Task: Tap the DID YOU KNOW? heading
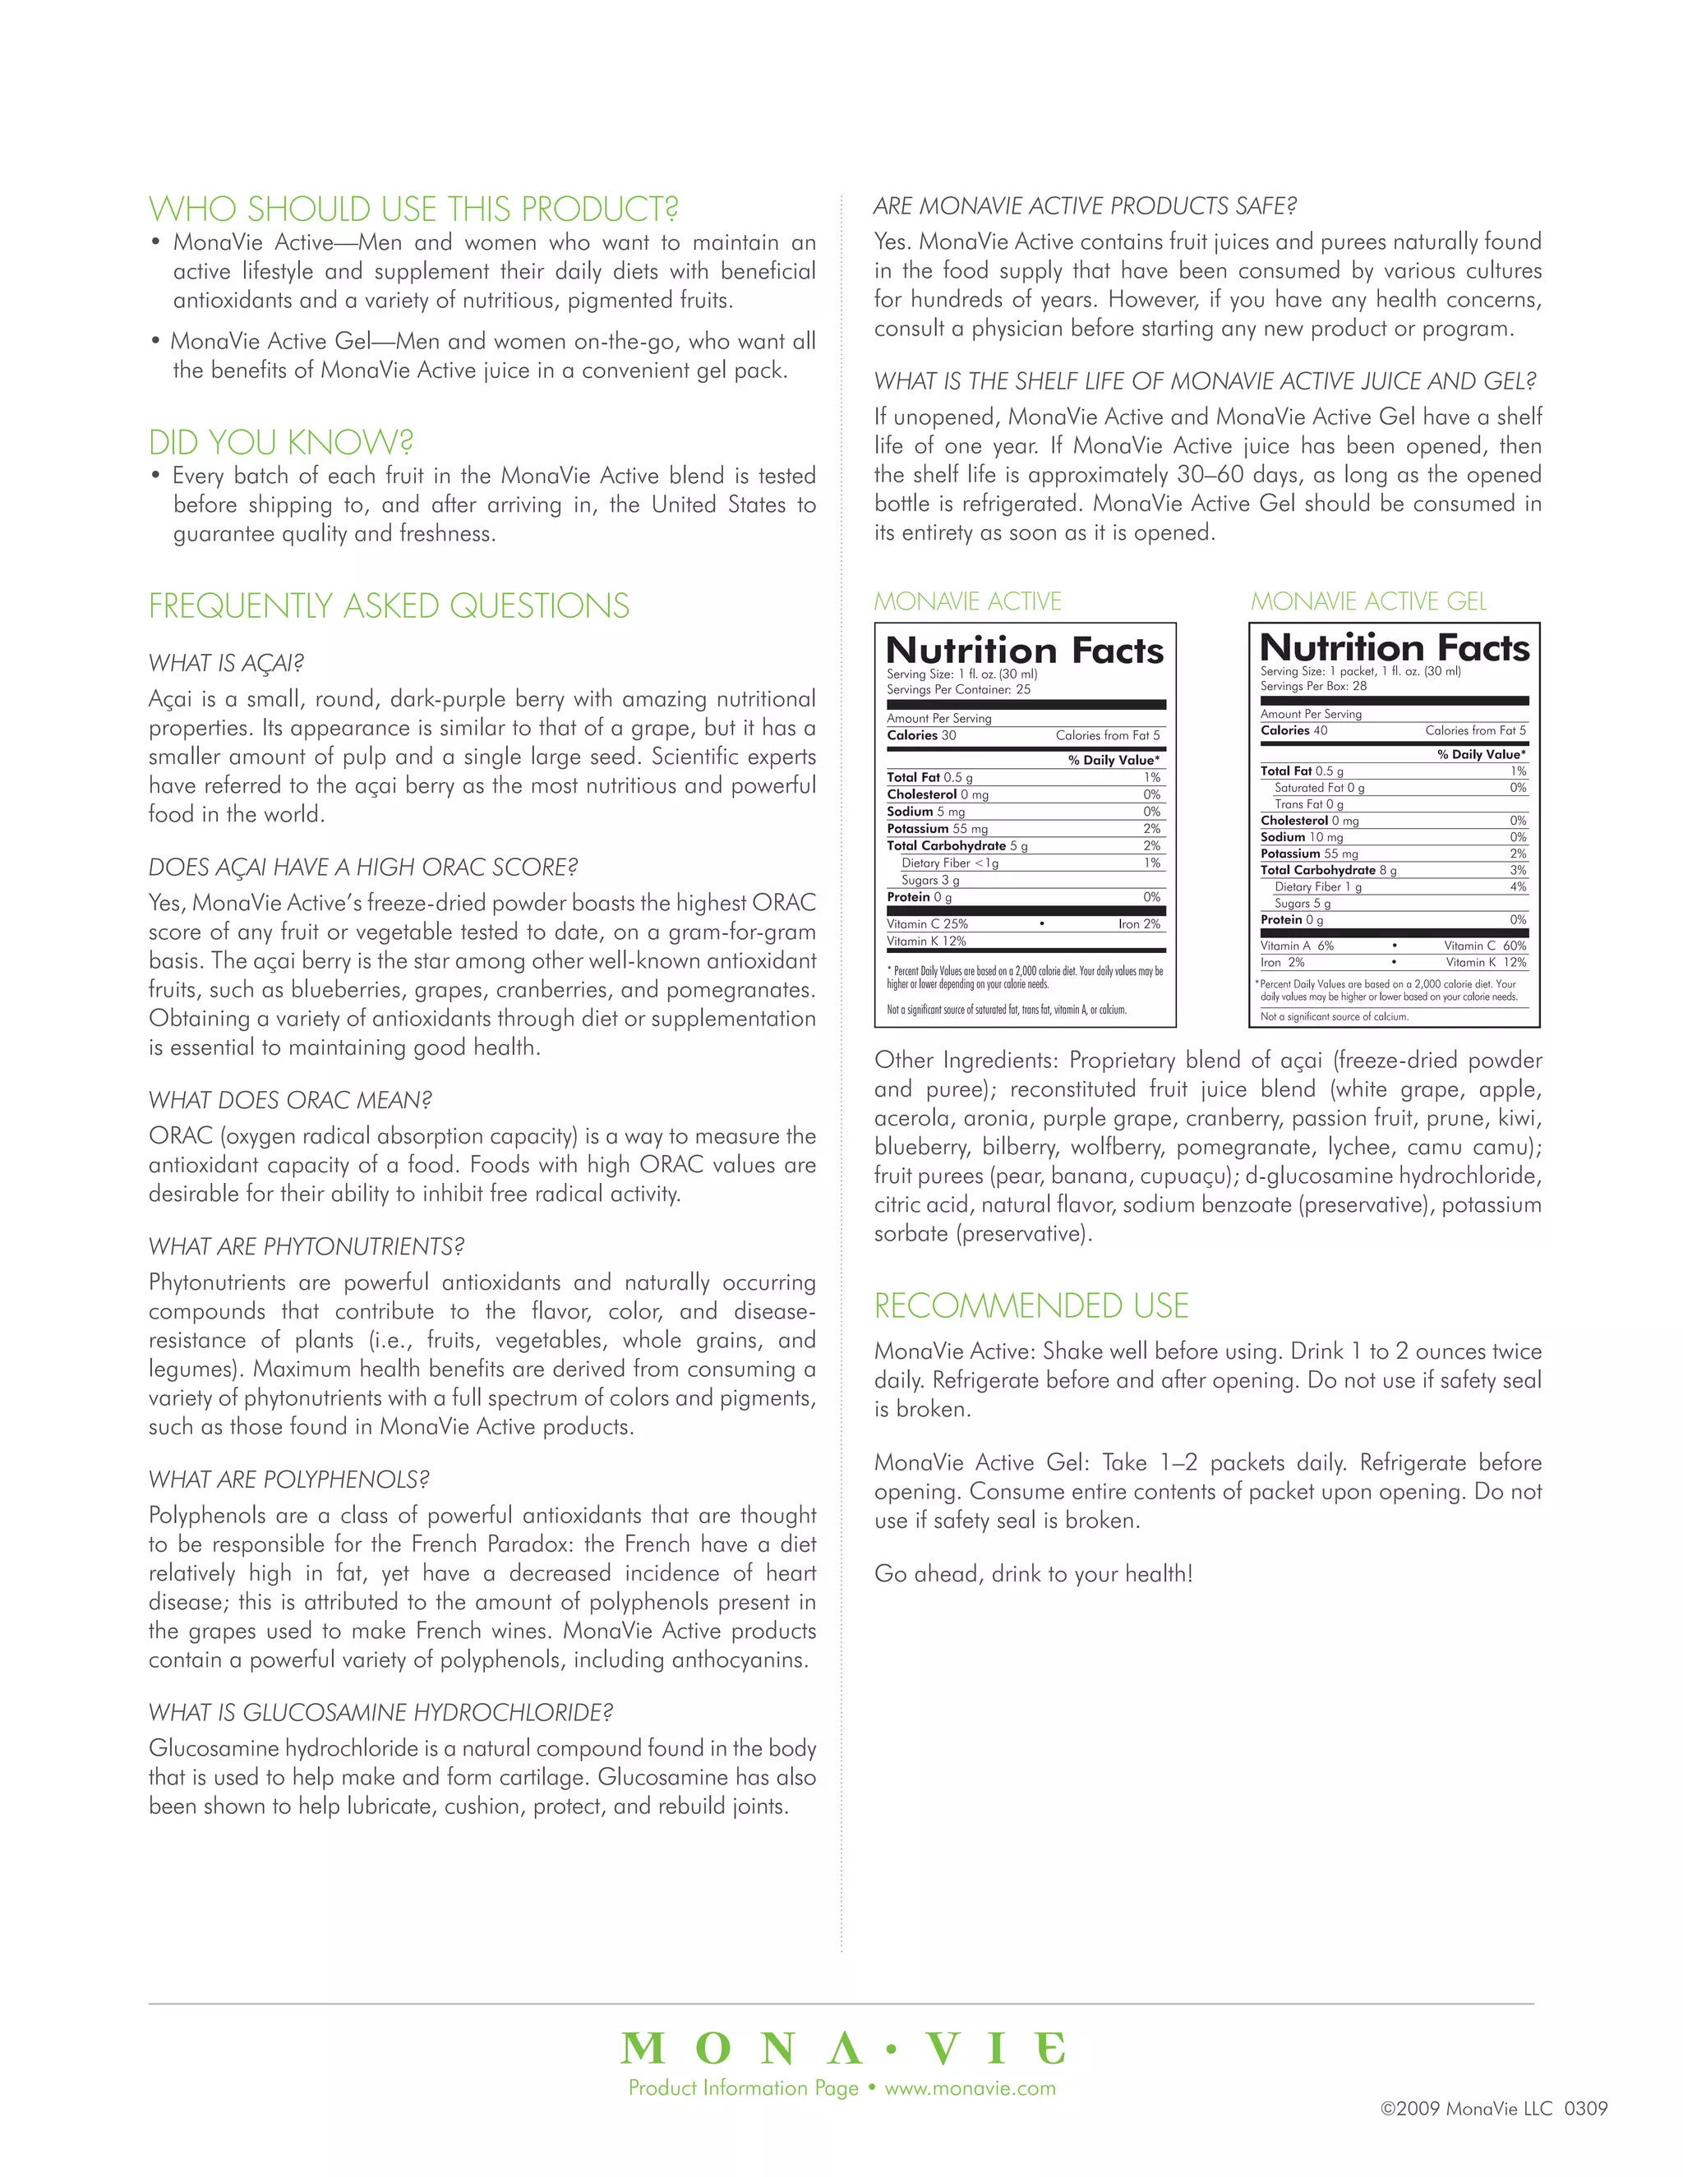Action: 281,443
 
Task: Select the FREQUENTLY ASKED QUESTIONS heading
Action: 389,606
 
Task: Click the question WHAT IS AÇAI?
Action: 226,663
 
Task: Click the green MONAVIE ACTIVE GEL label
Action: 1368,601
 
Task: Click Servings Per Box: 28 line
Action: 1313,686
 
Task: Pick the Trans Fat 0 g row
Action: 1308,804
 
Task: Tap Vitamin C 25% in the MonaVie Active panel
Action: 926,924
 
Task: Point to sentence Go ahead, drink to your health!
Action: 1033,1574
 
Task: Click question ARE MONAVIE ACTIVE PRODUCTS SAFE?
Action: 1085,206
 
